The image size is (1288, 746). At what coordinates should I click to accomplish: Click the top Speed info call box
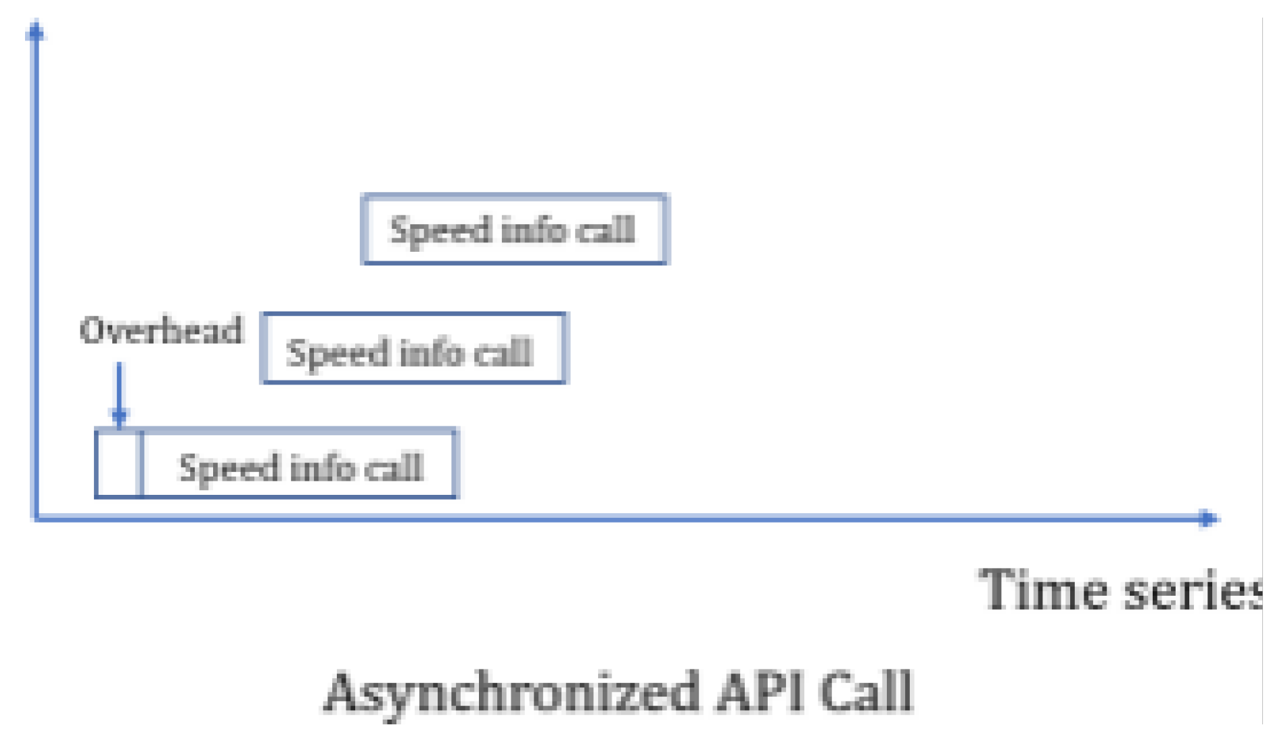click(515, 229)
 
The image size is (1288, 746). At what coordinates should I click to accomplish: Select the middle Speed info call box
click(414, 349)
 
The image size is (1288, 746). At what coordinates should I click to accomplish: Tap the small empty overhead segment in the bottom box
click(119, 464)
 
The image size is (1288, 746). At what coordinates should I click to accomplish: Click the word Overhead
click(161, 330)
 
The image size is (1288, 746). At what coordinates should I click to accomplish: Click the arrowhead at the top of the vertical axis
click(35, 31)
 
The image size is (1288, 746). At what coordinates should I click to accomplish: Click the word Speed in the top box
click(440, 231)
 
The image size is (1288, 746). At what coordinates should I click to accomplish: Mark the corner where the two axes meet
click(35, 519)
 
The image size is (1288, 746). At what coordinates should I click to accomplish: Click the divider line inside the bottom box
click(141, 464)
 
